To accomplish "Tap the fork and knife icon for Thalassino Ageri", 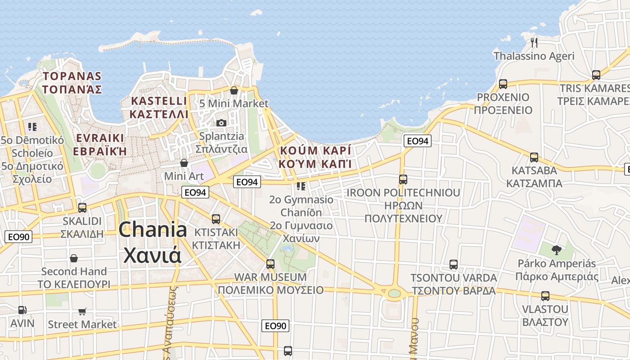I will [x=534, y=43].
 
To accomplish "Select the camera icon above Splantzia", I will [x=221, y=123].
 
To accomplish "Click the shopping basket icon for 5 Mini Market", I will [x=234, y=90].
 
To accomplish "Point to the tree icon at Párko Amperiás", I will [x=557, y=250].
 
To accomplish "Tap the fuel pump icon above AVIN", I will [x=22, y=310].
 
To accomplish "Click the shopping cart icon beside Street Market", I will [x=82, y=311].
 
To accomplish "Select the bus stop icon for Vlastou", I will [x=545, y=296].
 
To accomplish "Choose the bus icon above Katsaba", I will [x=534, y=157].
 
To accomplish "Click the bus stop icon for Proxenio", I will [x=503, y=84].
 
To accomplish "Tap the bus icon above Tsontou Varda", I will [x=454, y=265].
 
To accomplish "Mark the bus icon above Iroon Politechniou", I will [x=403, y=180].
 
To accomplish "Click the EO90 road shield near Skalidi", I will [x=18, y=237].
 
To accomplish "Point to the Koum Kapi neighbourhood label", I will [x=315, y=157].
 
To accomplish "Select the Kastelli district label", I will [x=158, y=107].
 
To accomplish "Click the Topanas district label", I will [x=72, y=82].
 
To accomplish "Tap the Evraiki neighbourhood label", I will [x=100, y=144].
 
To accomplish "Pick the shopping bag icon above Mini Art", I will [x=184, y=162].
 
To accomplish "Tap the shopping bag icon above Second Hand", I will [x=74, y=258].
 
